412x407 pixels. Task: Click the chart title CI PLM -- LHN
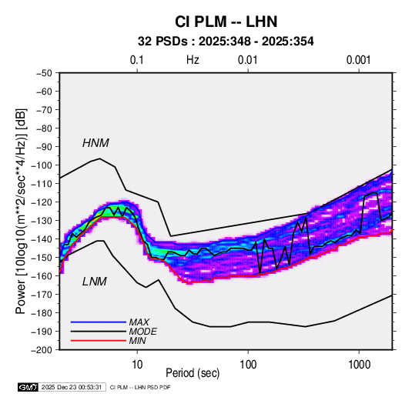click(226, 22)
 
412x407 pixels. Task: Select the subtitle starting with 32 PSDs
click(226, 42)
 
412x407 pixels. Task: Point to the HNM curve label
click(95, 143)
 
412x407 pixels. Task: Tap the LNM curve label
click(95, 282)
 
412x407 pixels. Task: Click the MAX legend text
click(139, 322)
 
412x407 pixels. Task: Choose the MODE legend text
click(143, 332)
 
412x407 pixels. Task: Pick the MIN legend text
click(137, 341)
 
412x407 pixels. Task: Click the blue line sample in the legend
click(99, 322)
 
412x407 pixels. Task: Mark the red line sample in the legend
click(99, 341)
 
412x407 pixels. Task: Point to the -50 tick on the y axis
click(44, 73)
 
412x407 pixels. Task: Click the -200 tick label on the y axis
click(42, 350)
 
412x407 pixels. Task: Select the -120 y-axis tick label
click(42, 202)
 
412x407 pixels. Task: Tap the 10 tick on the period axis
click(137, 365)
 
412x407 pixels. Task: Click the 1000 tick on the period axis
click(359, 365)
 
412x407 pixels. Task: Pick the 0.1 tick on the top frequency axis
click(137, 60)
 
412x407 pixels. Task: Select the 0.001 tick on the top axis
click(359, 60)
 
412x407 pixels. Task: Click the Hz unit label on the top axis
click(193, 60)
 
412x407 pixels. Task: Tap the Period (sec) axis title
click(193, 373)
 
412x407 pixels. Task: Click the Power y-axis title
click(21, 211)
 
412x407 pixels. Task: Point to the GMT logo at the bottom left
click(28, 387)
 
